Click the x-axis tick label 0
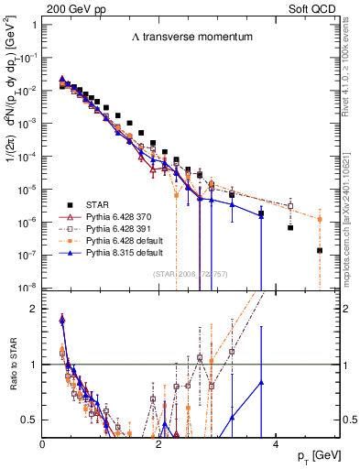click(x=43, y=444)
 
